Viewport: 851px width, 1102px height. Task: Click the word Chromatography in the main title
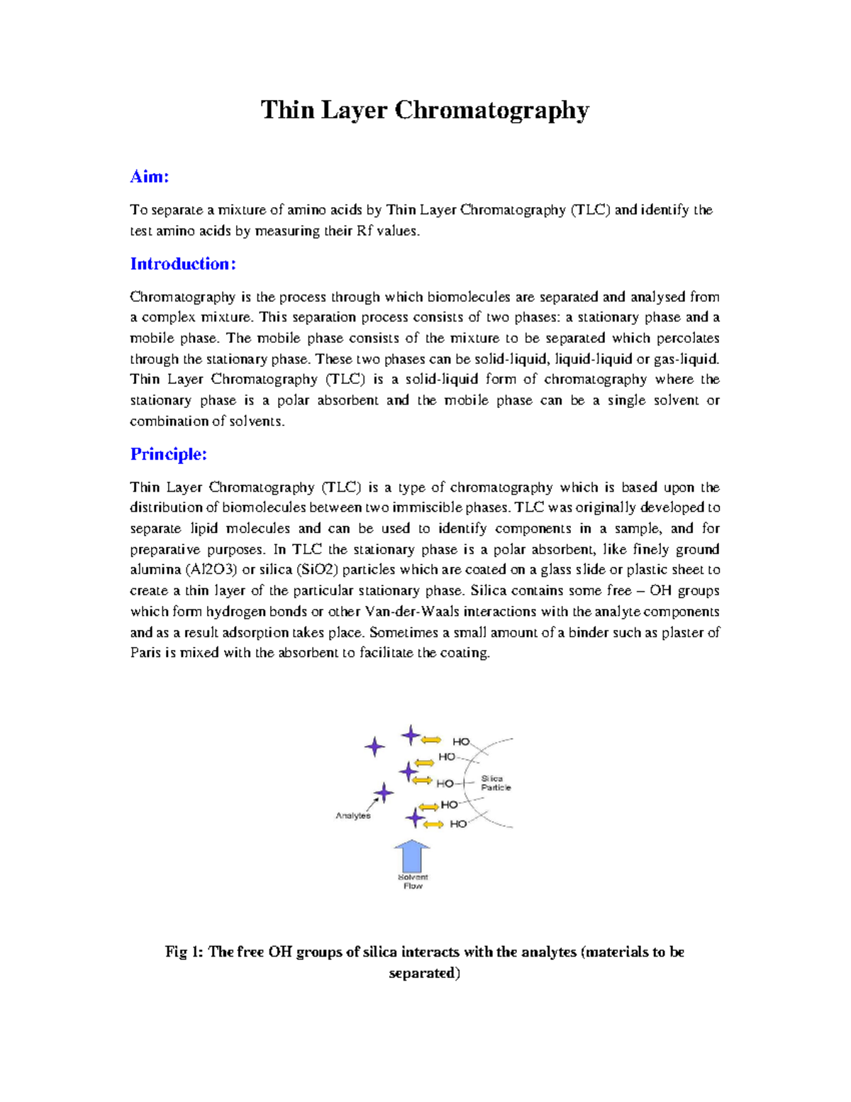491,111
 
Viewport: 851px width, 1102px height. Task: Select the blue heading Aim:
149,177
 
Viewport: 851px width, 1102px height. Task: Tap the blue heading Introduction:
182,264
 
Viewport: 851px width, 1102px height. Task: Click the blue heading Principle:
168,454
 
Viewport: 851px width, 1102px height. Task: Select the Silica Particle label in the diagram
495,783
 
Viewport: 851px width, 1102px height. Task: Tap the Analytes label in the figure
353,815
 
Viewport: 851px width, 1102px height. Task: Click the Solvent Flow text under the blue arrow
413,881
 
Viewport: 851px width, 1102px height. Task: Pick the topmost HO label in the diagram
461,742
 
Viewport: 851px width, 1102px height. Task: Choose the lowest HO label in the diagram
458,824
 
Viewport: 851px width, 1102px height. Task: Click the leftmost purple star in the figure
374,746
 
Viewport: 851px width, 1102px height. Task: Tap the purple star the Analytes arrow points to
384,793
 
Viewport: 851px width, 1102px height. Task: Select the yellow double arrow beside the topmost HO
431,740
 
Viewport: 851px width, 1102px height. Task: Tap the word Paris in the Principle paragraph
145,653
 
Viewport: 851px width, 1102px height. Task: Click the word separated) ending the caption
425,973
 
